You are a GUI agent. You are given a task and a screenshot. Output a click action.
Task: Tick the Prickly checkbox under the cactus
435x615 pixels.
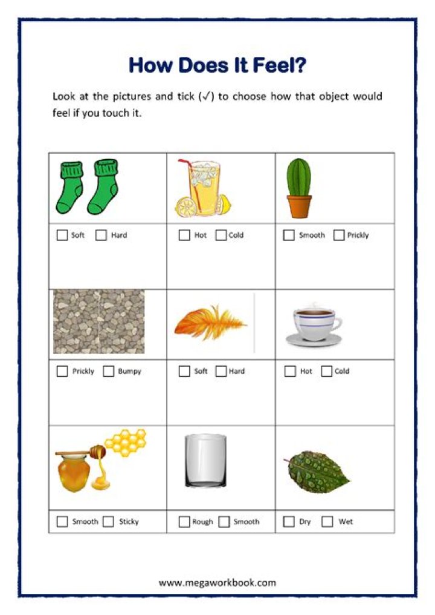339,235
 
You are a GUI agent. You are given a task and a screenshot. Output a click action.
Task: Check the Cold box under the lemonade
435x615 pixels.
221,235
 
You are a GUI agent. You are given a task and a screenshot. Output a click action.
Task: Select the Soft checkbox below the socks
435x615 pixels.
62,235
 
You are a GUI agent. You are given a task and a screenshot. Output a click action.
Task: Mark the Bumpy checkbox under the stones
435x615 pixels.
109,372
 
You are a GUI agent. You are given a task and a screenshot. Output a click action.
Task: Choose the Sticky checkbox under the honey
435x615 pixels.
109,521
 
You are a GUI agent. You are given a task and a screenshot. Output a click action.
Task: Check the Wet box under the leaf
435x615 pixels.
327,521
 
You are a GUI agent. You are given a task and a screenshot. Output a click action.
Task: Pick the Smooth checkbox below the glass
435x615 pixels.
224,521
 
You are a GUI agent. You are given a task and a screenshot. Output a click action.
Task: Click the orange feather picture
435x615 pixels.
210,323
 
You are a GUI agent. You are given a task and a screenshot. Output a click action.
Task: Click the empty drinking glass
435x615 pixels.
205,461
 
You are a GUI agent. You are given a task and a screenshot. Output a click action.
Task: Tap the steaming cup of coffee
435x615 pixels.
314,324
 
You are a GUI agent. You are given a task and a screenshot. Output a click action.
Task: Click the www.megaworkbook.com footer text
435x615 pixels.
217,583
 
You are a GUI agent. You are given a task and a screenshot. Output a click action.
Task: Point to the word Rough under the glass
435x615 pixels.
202,522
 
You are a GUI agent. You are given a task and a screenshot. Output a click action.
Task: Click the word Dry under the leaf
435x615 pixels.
305,522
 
